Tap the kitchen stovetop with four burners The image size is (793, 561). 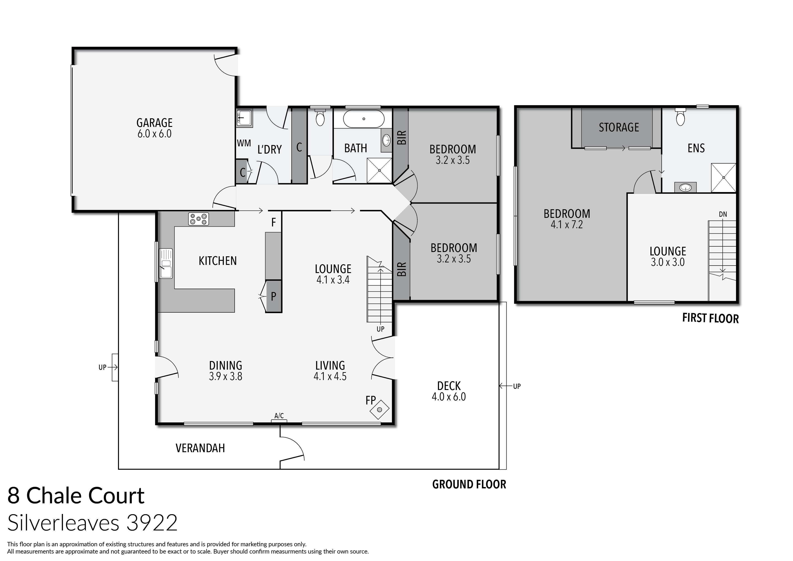(198, 219)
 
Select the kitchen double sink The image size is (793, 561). (165, 263)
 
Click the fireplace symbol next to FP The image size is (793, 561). (379, 410)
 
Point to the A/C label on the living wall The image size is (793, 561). (279, 416)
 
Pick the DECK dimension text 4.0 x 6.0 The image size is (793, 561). (449, 397)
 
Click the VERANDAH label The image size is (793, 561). (200, 448)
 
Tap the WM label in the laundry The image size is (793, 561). (244, 143)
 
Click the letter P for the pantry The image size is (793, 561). (274, 296)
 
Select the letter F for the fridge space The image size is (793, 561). (274, 222)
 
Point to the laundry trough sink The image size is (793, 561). (244, 118)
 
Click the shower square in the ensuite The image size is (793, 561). (723, 178)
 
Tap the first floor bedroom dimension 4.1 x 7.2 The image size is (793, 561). (566, 225)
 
